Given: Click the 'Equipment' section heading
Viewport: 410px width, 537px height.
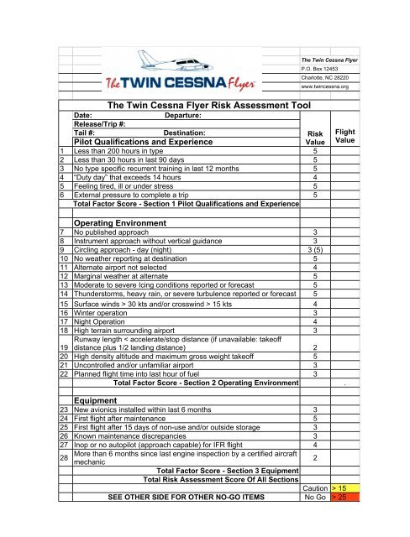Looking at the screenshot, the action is point(97,399).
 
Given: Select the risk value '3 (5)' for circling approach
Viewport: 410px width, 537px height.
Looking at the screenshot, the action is point(314,249).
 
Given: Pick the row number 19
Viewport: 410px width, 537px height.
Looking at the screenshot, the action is point(64,347).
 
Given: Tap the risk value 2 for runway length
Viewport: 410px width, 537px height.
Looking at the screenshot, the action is point(314,347).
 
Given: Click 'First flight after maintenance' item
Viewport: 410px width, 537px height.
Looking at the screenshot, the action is point(126,419).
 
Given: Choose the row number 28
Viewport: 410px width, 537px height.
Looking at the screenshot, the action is point(64,458).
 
